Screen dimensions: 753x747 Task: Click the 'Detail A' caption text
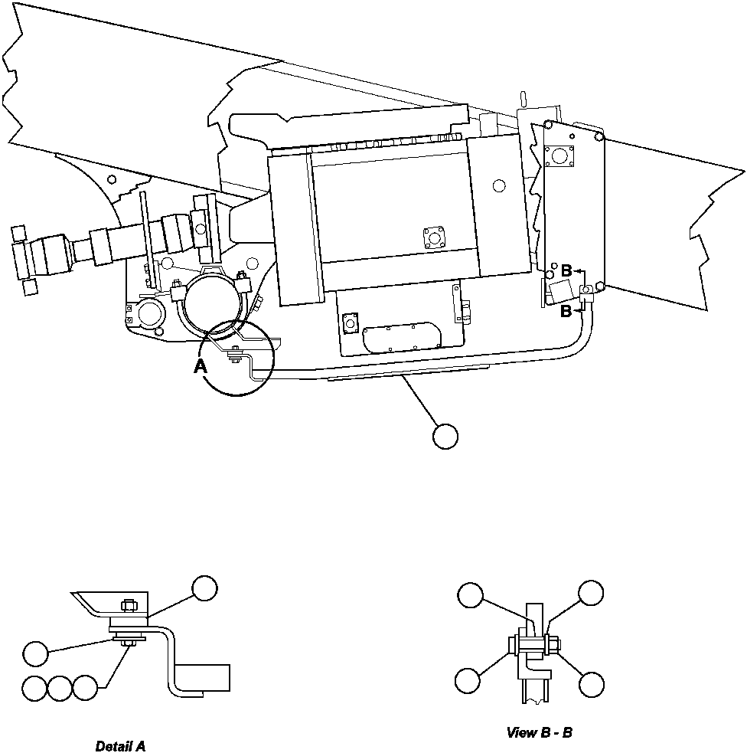[120, 746]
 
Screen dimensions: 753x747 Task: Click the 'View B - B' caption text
[539, 733]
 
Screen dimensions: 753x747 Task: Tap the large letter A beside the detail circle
[201, 367]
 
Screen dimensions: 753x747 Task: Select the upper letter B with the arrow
[566, 270]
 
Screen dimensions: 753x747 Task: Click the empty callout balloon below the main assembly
[445, 437]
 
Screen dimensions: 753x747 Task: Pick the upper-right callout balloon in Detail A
[204, 588]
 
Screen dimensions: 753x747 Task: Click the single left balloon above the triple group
[35, 653]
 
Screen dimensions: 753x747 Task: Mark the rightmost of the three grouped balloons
[86, 688]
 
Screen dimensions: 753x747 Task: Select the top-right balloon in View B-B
[590, 593]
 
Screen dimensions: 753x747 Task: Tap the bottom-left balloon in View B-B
[468, 679]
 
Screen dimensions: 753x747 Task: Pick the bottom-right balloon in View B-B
[591, 684]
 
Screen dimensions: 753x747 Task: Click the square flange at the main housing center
[435, 238]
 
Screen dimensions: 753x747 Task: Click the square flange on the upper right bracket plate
[564, 156]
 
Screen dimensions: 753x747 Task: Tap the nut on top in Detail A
[129, 605]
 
